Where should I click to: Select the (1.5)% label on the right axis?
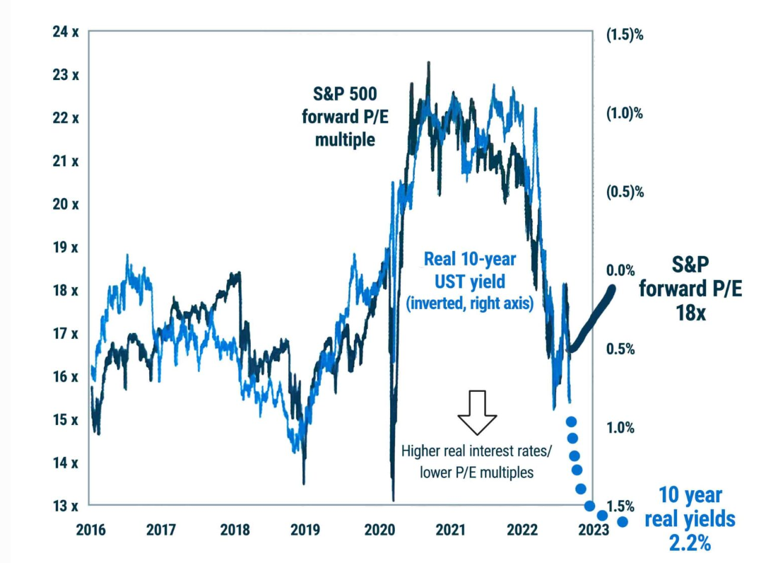coord(625,36)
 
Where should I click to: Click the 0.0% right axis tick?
coord(621,270)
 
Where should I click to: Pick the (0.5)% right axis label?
coord(625,192)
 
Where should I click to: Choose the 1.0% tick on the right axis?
coord(621,427)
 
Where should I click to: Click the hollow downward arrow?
coord(478,412)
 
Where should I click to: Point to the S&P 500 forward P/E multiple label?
coord(345,116)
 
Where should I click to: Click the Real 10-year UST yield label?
coord(464,270)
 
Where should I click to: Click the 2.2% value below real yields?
coord(690,542)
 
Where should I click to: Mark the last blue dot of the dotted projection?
coord(623,522)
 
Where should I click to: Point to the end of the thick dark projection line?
coord(611,289)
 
